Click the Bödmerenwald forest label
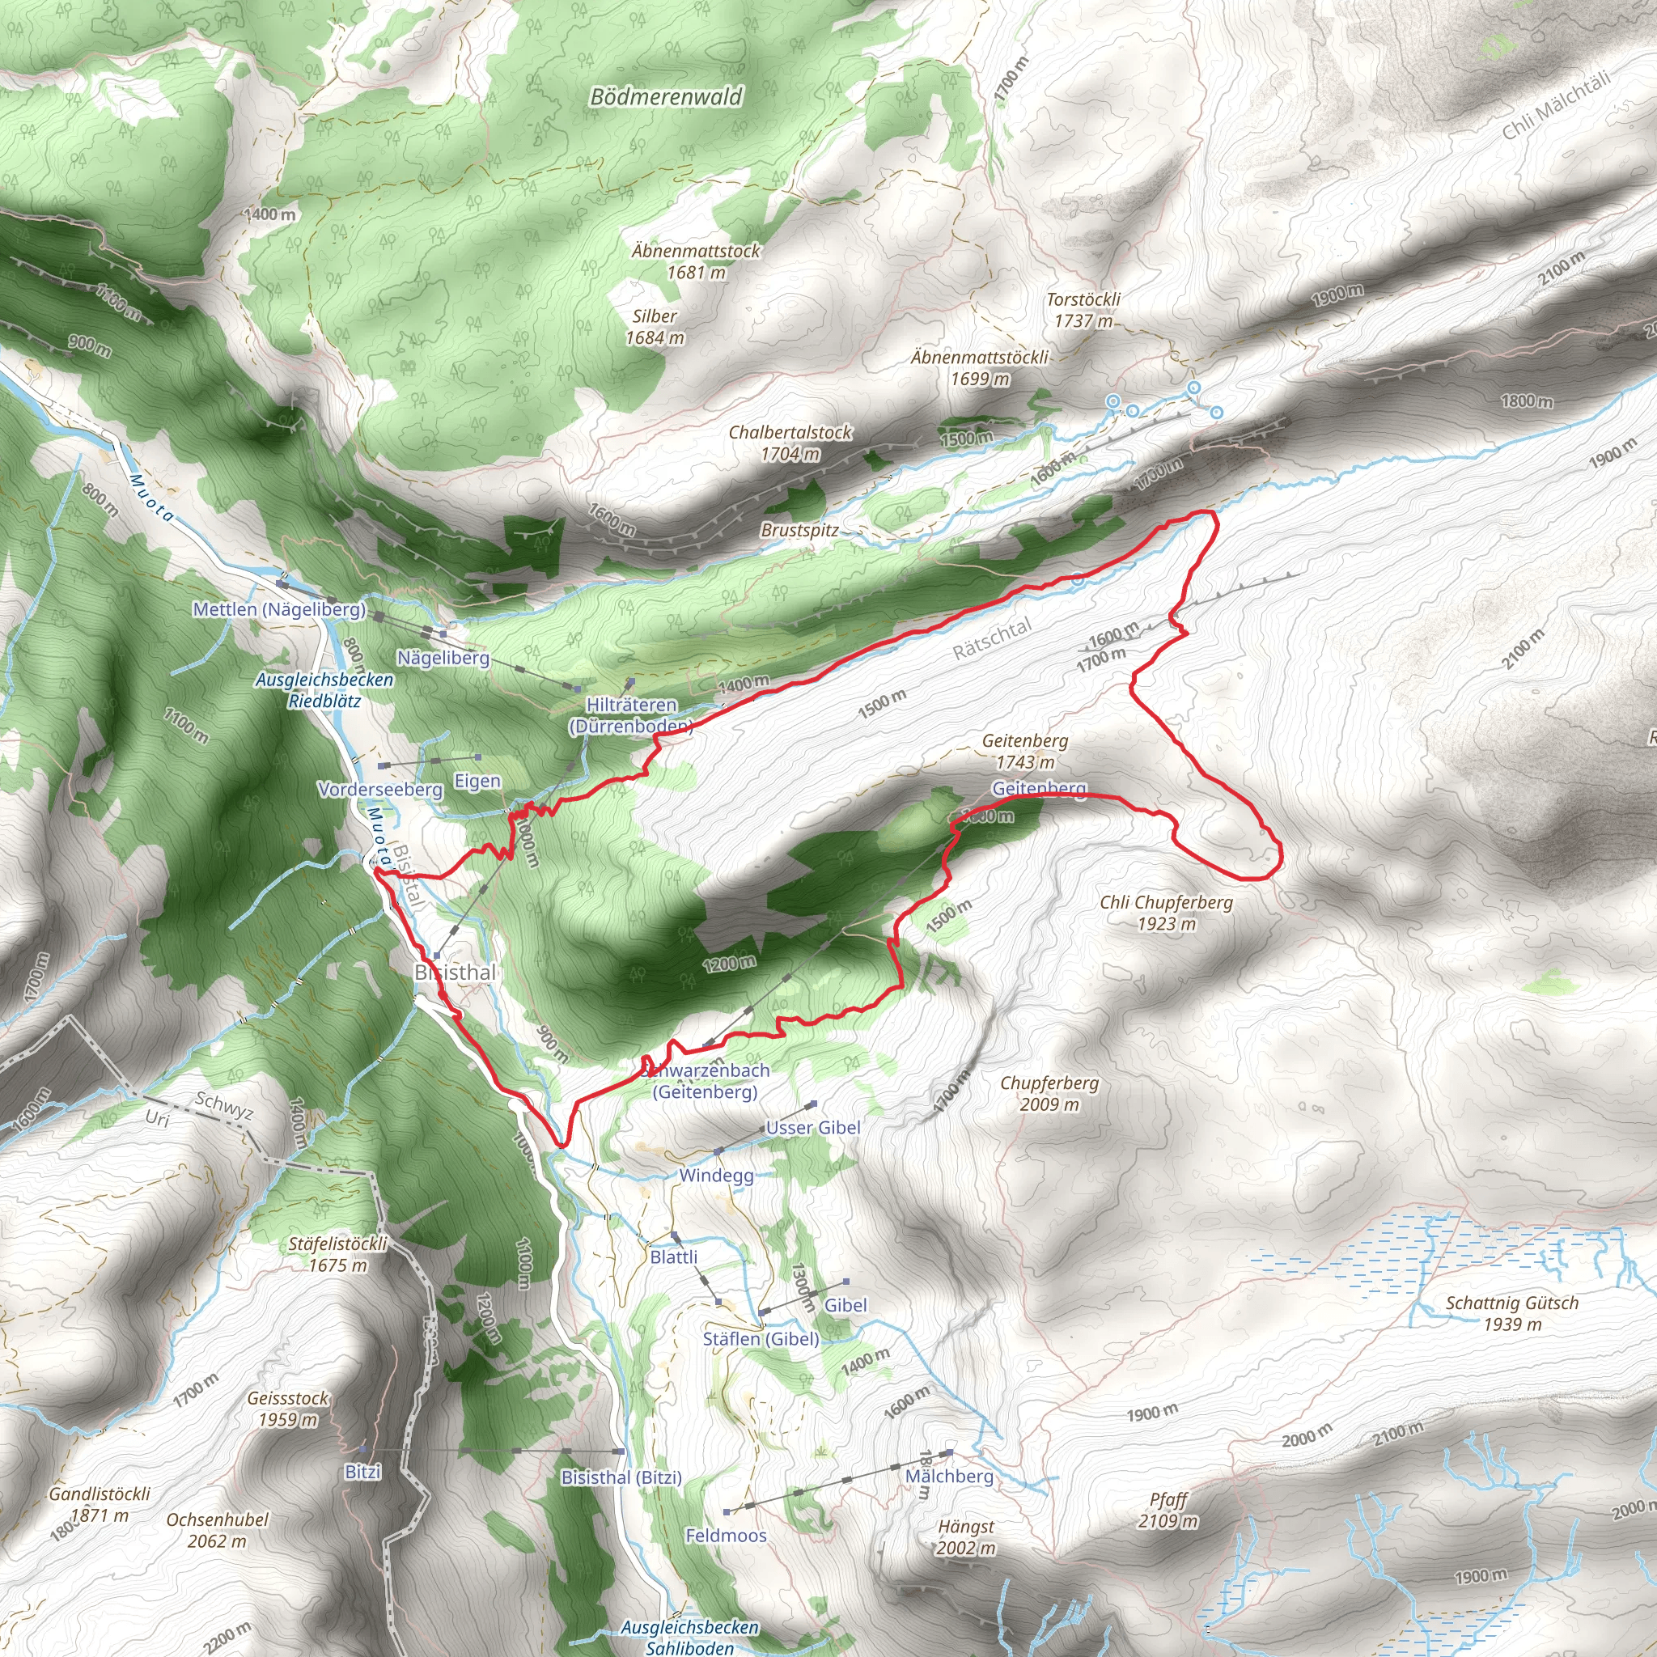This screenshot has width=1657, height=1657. tap(666, 97)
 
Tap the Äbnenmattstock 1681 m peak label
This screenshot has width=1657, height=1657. tap(696, 261)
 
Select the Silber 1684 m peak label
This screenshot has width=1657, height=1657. tap(655, 327)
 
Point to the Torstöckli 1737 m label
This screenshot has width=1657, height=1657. tap(1083, 310)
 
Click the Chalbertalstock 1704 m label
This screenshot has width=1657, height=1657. tap(790, 443)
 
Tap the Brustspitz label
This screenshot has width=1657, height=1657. tap(799, 530)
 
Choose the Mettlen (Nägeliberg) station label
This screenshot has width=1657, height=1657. tap(280, 609)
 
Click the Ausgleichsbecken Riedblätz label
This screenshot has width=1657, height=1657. tap(324, 689)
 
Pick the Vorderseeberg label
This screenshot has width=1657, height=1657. tap(380, 788)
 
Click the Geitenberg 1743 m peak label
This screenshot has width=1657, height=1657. tap(1025, 751)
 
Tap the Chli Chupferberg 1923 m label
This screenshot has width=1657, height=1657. tap(1166, 913)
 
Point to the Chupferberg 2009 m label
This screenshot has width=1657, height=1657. tap(1049, 1094)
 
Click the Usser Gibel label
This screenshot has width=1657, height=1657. tap(813, 1128)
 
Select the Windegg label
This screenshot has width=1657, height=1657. tap(716, 1175)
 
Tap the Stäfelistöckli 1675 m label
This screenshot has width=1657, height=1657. tap(338, 1254)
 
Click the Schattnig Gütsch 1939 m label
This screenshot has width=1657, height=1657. tap(1512, 1313)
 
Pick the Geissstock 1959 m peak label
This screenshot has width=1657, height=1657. tap(287, 1409)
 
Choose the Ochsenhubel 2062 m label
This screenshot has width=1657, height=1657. tap(217, 1530)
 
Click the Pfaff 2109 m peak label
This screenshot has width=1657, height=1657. tap(1168, 1511)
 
